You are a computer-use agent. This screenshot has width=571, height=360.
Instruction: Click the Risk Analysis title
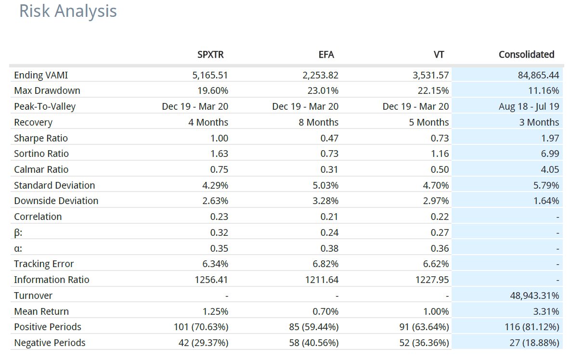point(68,11)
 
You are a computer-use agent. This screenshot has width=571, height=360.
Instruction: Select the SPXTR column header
point(210,54)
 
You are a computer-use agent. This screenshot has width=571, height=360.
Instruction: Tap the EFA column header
point(326,54)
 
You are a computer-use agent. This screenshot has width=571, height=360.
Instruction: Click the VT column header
point(439,54)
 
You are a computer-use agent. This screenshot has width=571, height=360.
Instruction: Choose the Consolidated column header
point(527,54)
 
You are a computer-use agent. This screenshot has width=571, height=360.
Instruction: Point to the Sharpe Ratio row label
point(41,138)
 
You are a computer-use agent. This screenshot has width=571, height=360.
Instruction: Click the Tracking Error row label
point(44,264)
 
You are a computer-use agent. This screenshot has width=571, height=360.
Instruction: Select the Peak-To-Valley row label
point(45,107)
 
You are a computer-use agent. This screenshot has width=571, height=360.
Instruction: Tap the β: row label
point(18,233)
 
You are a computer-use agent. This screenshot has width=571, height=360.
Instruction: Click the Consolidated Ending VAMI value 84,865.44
point(538,76)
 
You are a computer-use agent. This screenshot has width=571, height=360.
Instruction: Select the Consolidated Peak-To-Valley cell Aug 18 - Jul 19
point(529,107)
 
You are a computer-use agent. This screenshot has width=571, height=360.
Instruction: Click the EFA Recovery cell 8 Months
point(319,122)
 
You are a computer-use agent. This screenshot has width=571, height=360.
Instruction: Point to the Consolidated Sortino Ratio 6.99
point(550,154)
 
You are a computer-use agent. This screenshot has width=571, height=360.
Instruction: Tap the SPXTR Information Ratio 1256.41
point(211,280)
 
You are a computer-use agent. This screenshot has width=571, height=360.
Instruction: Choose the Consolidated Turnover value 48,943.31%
point(534,296)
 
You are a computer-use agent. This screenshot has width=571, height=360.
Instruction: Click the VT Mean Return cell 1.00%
point(436,311)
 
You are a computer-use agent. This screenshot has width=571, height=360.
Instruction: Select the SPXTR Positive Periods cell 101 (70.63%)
point(201,327)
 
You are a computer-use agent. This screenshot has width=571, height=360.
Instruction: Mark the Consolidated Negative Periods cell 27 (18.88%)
point(534,343)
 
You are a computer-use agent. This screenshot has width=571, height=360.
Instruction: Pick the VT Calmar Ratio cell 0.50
point(440,169)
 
